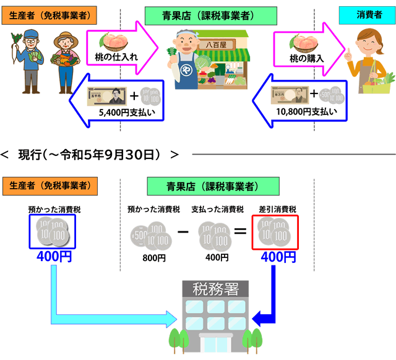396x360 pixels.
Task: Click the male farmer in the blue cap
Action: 27,56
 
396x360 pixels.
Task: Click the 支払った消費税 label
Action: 216,210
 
